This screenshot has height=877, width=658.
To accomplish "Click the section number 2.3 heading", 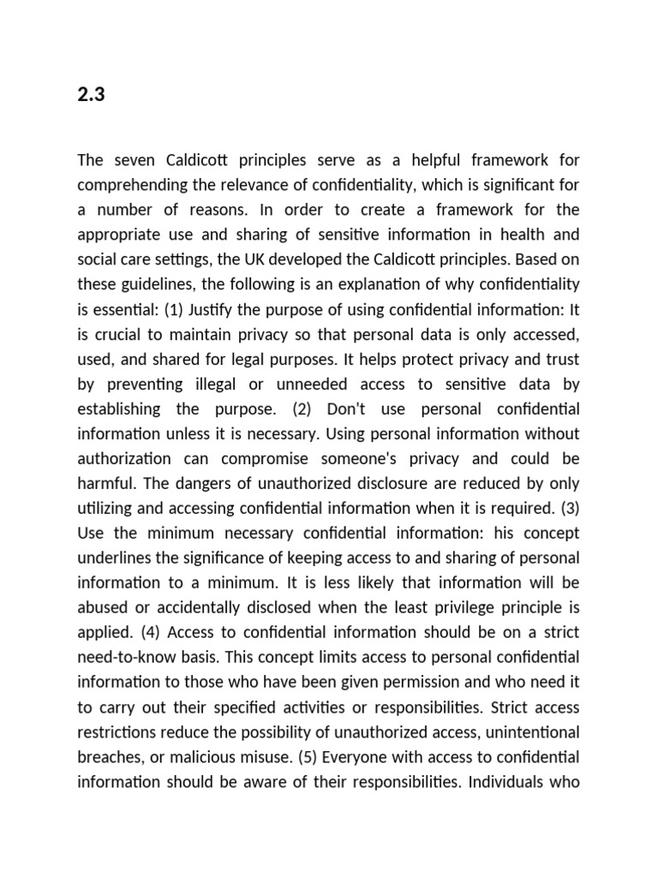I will tap(90, 95).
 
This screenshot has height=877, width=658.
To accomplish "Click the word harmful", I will tap(105, 483).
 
